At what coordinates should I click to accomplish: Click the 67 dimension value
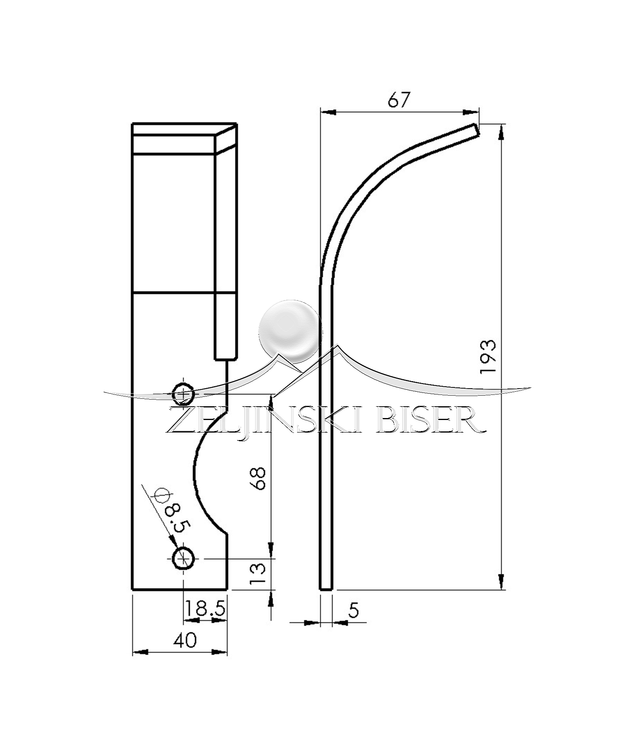[398, 100]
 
